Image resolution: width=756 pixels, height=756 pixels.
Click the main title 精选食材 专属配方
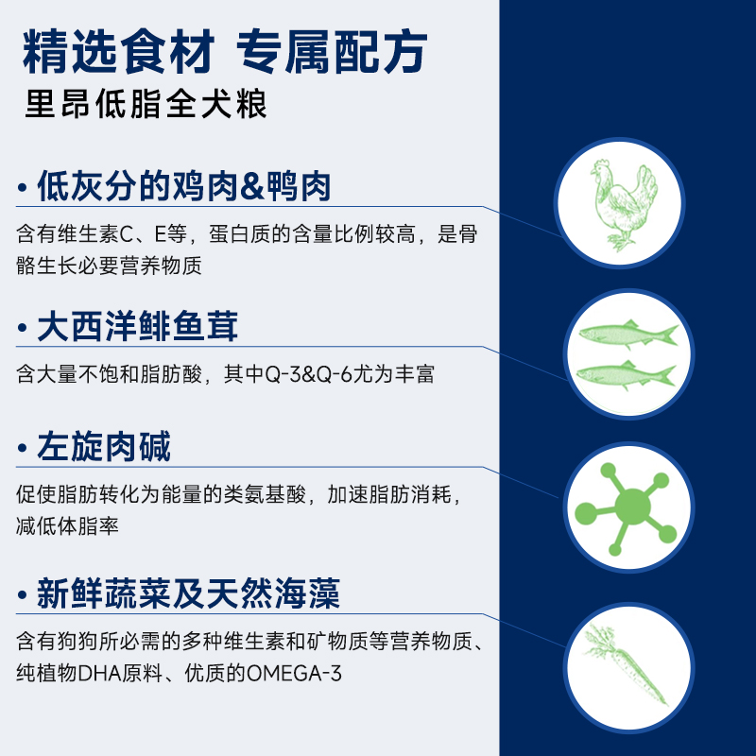225,52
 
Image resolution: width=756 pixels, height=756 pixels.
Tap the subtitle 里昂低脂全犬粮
146,104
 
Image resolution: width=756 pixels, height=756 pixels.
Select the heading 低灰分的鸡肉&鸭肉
184,186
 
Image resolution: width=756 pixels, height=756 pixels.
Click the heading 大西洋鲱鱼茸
137,326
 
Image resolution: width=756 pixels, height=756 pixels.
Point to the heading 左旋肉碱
104,446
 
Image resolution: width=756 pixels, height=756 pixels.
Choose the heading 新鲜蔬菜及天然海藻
188,593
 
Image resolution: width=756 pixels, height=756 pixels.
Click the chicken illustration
624,206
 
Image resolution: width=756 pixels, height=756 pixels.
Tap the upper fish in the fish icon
627,334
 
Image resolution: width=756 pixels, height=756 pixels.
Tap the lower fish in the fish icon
626,374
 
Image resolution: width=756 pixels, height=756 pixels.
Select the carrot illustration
626,664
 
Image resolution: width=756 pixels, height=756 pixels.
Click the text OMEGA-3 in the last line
294,673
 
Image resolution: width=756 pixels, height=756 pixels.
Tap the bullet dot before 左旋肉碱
22,448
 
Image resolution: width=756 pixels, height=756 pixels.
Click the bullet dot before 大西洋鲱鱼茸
22,328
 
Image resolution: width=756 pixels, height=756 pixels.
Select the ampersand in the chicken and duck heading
252,187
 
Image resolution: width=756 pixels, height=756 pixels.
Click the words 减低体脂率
67,525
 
